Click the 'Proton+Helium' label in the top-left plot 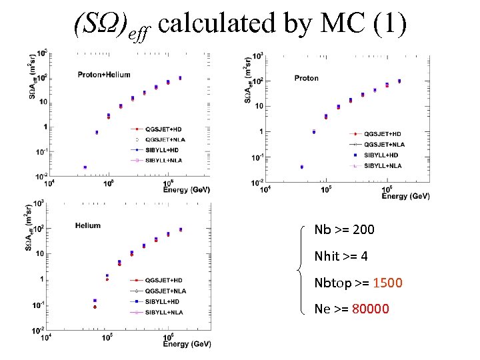tap(104, 75)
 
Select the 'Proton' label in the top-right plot tap(307, 78)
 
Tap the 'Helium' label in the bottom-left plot tap(88, 225)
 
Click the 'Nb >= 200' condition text tap(344, 230)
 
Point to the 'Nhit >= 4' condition tap(341, 256)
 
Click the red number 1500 tap(387, 283)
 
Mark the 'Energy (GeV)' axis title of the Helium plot tap(187, 344)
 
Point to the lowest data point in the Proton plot tap(302, 167)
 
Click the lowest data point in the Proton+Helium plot tap(85, 167)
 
